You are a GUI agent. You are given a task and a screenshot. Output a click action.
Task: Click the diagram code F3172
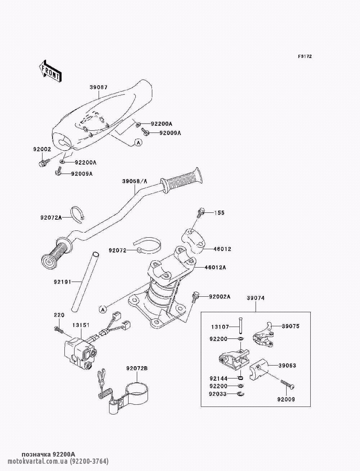pos(305,57)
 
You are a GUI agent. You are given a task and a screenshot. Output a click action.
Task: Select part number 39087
pos(99,88)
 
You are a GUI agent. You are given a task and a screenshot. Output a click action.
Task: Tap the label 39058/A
pos(135,181)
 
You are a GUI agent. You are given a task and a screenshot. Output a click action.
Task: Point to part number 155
pos(219,213)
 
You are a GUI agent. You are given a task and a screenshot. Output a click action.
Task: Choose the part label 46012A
pos(215,267)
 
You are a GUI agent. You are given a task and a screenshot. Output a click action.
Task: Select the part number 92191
pos(62,282)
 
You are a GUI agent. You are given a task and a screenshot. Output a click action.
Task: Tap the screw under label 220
pos(59,329)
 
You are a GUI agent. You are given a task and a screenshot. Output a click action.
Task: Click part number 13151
pos(81,325)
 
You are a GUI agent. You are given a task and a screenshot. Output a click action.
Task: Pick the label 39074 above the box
pos(256,298)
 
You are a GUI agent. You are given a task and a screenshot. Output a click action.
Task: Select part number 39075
pos(291,326)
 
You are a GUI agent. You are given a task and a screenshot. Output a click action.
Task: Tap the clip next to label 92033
pos(241,394)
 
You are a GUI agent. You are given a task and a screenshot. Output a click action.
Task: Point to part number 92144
pos(219,378)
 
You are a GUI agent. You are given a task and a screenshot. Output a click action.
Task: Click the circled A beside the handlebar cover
pos(139,142)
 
